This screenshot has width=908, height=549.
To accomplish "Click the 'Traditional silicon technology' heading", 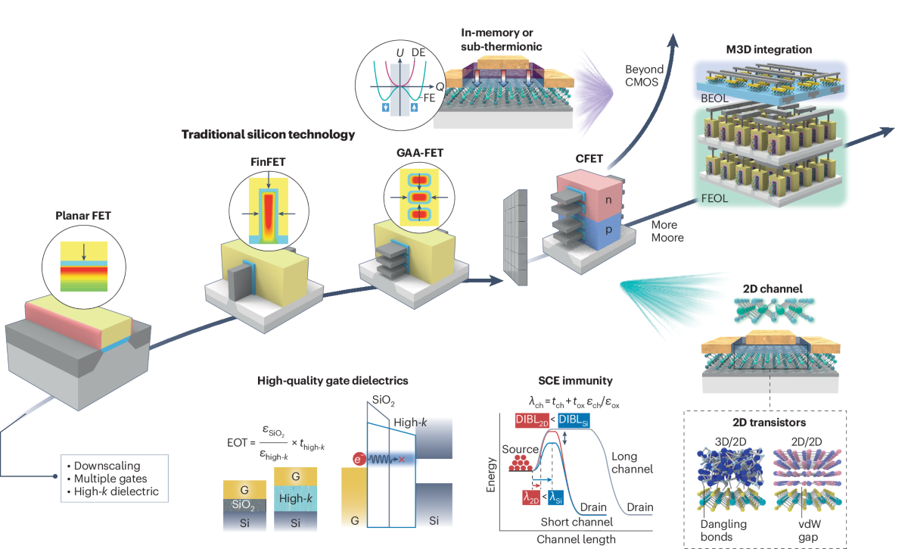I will pyautogui.click(x=268, y=135).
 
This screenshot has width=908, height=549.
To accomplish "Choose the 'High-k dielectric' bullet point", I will pyautogui.click(x=120, y=491).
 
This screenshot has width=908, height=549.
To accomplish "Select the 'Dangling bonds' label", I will pyautogui.click(x=726, y=530).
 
